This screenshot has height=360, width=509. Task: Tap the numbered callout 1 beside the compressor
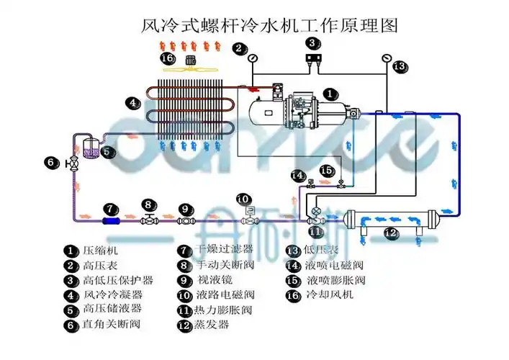coord(328,94)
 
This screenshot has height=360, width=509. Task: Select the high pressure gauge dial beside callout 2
coord(254,60)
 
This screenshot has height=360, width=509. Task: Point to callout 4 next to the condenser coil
coord(132,103)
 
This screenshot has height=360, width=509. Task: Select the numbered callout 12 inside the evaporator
coord(389,233)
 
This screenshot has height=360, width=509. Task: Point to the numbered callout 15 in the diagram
coord(328,171)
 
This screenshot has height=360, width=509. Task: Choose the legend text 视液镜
coord(215,280)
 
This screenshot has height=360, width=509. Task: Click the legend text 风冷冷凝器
coord(113,294)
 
